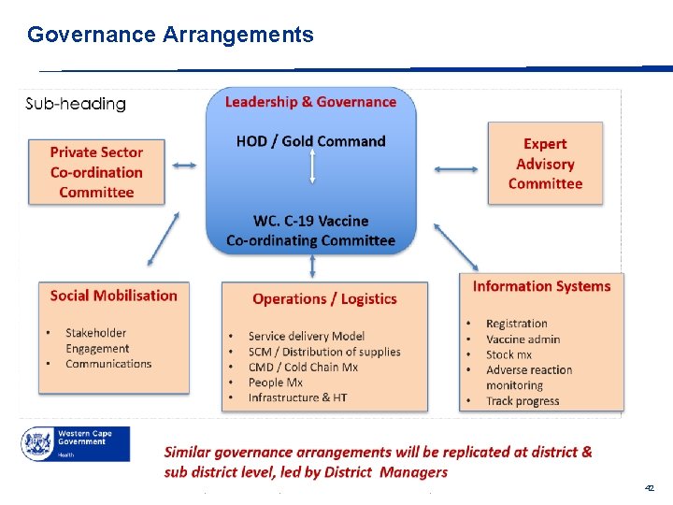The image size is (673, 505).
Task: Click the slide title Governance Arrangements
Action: (170, 36)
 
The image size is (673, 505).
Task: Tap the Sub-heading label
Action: (76, 104)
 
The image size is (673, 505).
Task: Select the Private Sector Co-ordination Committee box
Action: (96, 172)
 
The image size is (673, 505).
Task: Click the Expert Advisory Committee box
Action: (545, 164)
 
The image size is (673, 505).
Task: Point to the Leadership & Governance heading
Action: (310, 102)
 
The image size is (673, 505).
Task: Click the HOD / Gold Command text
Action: (310, 141)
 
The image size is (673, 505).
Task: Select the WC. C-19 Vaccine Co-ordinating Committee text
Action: (310, 231)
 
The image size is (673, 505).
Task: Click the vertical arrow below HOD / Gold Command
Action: (312, 168)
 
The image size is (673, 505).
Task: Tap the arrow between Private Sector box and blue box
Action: (185, 166)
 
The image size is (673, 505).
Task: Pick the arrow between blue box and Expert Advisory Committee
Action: (456, 169)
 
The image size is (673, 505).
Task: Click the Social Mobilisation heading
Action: (113, 296)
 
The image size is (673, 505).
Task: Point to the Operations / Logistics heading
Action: (324, 299)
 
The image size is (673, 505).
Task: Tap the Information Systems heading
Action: (541, 287)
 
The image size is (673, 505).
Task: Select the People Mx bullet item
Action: (275, 382)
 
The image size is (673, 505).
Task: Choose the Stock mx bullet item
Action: (508, 354)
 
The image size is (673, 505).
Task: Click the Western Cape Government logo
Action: (76, 443)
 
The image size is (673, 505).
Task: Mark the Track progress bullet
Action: (523, 401)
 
